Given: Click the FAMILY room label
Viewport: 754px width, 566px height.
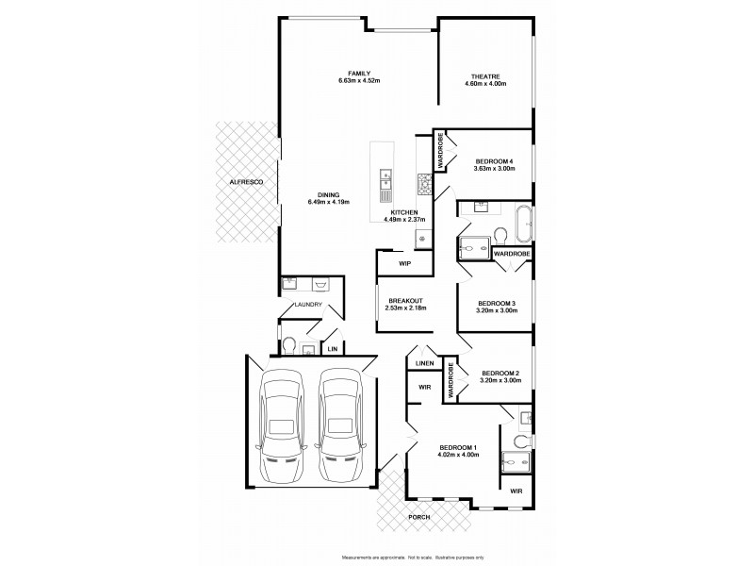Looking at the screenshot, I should point(358,74).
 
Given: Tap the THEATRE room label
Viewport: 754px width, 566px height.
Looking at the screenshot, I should point(485,76).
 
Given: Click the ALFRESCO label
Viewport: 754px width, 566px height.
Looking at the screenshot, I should point(243,180).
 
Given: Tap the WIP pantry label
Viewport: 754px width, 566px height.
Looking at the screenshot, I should point(404,263).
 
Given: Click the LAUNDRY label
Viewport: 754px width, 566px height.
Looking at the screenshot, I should point(308,305).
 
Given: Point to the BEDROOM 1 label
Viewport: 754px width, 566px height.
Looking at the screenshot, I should point(460,447).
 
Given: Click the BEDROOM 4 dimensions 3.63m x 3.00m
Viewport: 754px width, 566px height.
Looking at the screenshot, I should point(494,169).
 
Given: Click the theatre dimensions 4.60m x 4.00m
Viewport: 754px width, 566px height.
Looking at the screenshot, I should point(485,84).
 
